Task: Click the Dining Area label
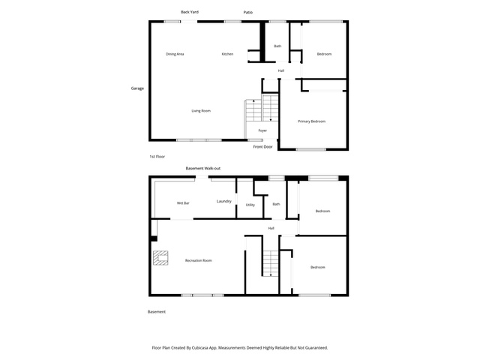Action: tap(175, 54)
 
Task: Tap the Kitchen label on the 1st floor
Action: tap(227, 54)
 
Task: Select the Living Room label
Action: tap(201, 111)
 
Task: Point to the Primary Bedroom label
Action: tap(312, 121)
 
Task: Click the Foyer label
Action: tap(262, 130)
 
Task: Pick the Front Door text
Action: tap(262, 147)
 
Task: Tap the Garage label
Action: tap(137, 88)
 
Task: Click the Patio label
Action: tap(248, 12)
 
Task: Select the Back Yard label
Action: tap(190, 12)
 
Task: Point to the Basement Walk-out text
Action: tap(203, 168)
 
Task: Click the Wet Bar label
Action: tap(183, 203)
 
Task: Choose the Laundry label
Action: tap(223, 202)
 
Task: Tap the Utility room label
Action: tap(250, 205)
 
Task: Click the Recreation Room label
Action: tap(198, 260)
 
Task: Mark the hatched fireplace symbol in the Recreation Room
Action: tap(160, 258)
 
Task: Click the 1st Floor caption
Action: tap(157, 157)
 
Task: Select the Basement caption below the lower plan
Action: tap(157, 312)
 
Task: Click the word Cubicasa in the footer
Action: tap(201, 348)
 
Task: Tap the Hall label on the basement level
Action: tap(271, 228)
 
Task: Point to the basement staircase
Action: tap(271, 263)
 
